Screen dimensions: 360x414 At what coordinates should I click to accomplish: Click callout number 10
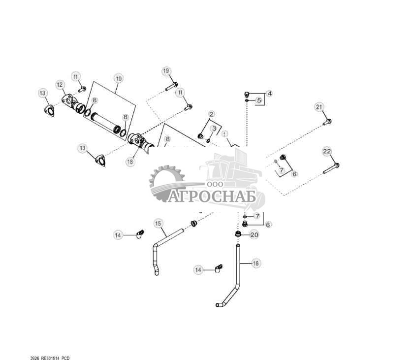pos(118,78)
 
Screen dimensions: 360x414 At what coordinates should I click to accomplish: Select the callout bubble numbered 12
pos(60,85)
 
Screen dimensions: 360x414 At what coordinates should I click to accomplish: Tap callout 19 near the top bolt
pos(166,71)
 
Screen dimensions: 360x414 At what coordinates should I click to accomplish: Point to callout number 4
pos(269,93)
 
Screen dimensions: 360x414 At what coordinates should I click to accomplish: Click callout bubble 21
pos(319,107)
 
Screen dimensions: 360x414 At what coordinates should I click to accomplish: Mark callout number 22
pos(327,151)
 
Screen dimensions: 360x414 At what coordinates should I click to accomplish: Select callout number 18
pos(130,162)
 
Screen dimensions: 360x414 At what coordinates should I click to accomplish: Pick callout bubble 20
pos(254,235)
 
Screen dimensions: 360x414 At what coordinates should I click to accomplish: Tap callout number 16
pos(255,263)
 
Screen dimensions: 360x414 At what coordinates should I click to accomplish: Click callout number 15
pos(158,224)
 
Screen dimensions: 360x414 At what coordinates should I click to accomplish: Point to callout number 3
pos(214,128)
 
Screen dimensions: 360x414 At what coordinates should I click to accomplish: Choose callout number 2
pos(211,114)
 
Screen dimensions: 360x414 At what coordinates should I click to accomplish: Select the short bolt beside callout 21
pos(327,121)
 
